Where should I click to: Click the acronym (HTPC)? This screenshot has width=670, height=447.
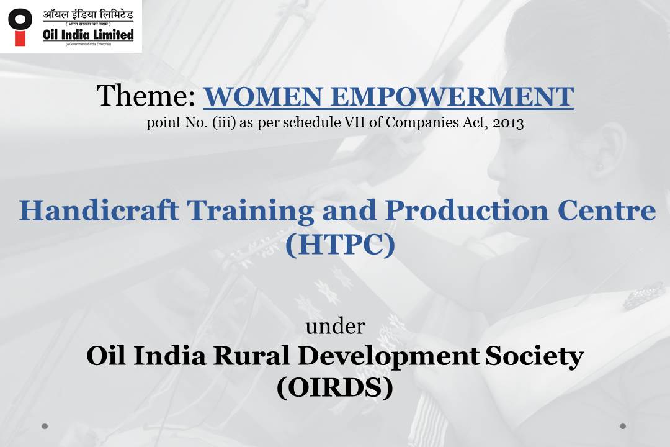coord(340,245)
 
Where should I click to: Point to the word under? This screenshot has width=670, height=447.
coord(335,326)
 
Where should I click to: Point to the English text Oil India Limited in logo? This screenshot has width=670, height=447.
coord(88,35)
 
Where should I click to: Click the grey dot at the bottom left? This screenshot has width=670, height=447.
coord(45,427)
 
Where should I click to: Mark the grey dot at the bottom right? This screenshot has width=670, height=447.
coord(623,427)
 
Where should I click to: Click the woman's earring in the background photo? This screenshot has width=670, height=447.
coord(601,167)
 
